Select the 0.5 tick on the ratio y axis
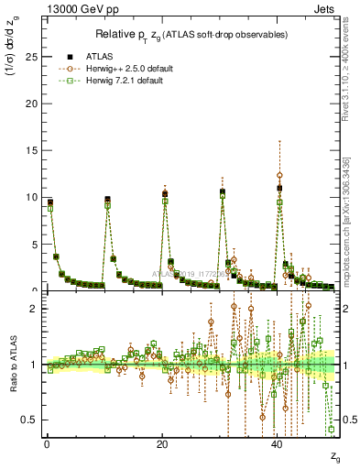pos(33,420)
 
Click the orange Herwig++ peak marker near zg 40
pos(279,175)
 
